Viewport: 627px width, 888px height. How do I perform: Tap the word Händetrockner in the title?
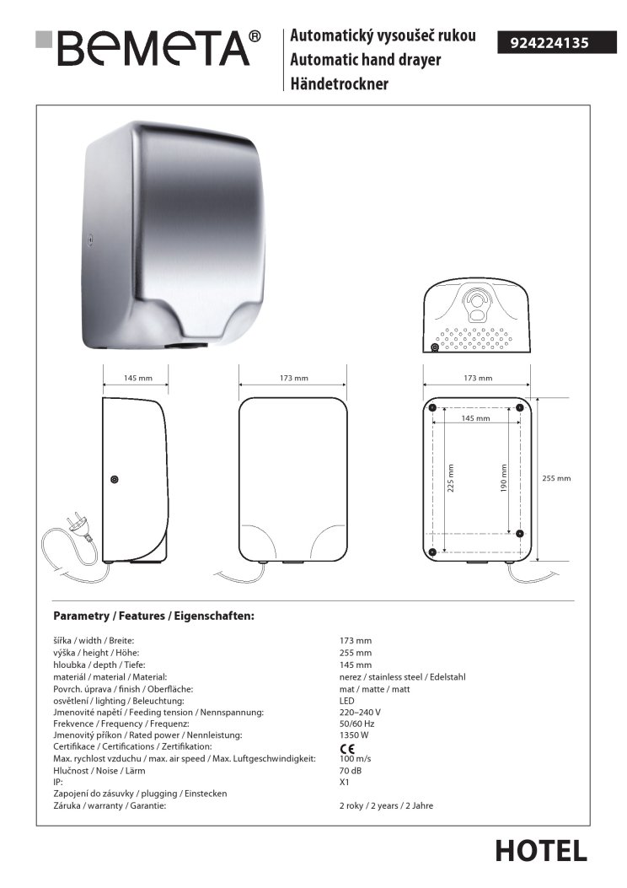pos(339,83)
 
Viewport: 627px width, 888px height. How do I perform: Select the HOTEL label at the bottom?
pos(541,851)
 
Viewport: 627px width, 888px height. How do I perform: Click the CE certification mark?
pos(346,748)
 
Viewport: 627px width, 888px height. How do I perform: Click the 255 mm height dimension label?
pos(556,478)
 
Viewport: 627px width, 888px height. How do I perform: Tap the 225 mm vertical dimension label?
pos(450,479)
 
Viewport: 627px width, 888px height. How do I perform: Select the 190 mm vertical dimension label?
pos(504,479)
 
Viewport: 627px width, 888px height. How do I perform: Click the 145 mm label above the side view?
pos(136,379)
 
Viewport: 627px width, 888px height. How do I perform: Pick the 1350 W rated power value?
pos(353,735)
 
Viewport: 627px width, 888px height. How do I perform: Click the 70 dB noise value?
pos(350,771)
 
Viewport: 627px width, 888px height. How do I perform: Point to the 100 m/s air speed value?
pos(354,759)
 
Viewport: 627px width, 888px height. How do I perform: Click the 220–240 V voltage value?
pos(359,712)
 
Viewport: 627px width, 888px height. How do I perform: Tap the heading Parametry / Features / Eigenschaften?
pos(153,616)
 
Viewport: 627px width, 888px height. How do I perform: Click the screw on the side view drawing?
pos(115,480)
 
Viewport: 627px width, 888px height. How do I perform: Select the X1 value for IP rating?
pos(344,783)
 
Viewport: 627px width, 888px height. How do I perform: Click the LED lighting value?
pos(346,700)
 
